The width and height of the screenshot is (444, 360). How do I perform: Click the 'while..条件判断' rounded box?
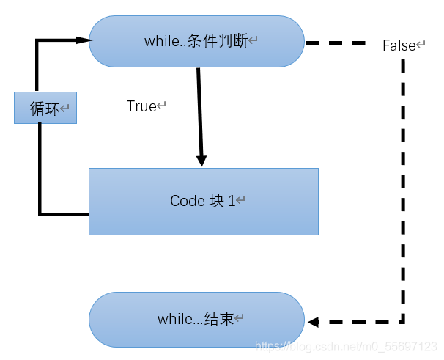point(196,42)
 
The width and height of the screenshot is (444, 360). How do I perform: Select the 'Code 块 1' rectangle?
point(204,201)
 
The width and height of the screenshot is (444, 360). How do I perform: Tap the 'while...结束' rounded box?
point(196,320)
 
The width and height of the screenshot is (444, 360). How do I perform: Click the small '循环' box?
point(45,109)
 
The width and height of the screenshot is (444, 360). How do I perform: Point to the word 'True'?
point(142,106)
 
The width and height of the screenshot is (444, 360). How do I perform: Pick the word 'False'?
point(399,45)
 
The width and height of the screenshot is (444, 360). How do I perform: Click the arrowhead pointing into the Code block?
point(201,161)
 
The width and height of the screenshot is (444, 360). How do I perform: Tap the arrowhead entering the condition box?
point(82,41)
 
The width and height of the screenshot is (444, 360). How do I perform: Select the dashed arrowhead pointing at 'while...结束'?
point(314,321)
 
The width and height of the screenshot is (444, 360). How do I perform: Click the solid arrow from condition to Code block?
point(199,110)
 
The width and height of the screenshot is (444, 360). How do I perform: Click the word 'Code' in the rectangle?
point(185,201)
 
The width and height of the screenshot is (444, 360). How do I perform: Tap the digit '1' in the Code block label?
point(232,201)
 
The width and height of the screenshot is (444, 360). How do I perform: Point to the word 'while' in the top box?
point(159,42)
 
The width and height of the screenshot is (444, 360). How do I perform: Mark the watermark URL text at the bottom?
point(344,345)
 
